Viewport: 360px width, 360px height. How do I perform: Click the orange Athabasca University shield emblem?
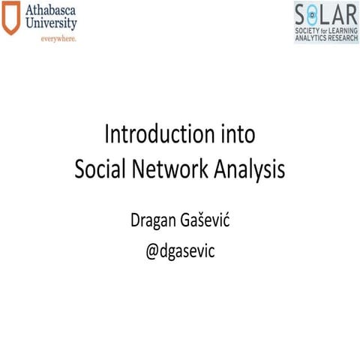(11, 21)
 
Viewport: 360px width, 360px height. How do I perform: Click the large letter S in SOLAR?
(301, 13)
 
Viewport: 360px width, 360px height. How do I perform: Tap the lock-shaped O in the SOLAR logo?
(313, 13)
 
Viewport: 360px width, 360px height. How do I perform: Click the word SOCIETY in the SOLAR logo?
(308, 28)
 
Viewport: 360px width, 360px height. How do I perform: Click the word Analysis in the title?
(250, 170)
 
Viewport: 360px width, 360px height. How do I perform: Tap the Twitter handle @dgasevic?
(180, 251)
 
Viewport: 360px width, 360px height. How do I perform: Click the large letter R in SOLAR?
(351, 13)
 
